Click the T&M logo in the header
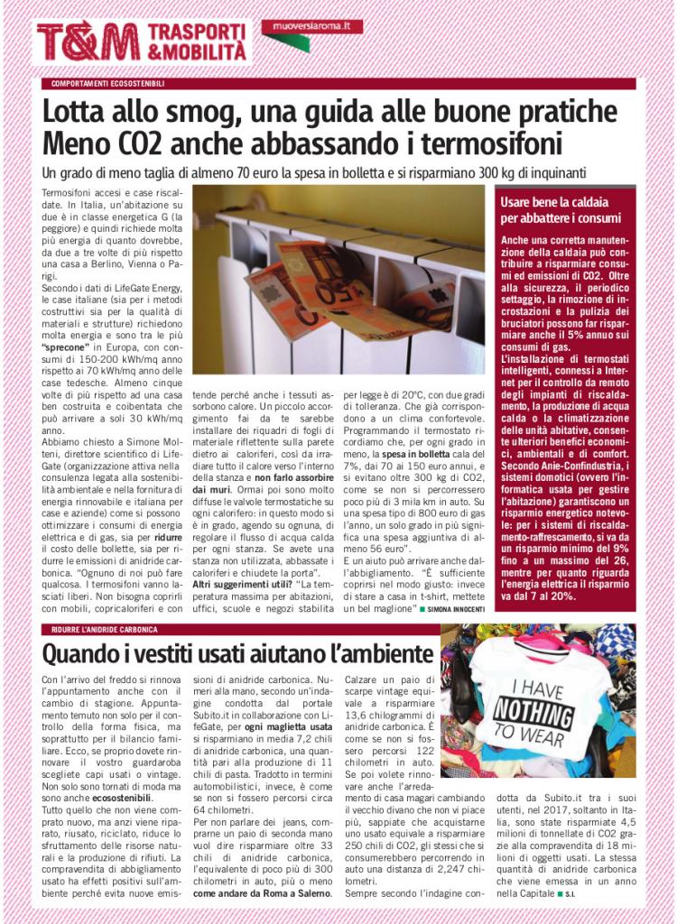[x=88, y=42]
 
